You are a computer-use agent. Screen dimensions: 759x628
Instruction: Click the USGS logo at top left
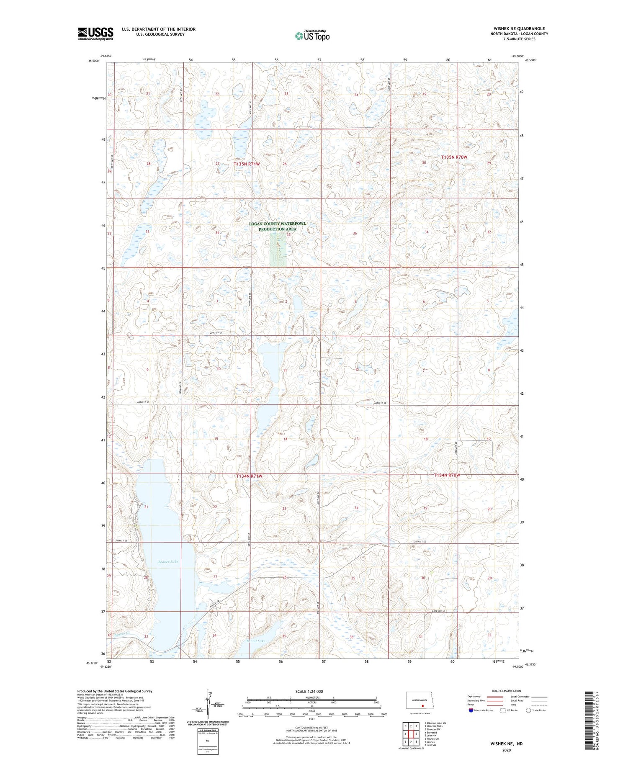95,33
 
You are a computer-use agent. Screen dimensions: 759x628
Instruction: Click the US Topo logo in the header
312,36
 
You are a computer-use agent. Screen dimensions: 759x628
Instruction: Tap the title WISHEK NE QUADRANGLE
519,29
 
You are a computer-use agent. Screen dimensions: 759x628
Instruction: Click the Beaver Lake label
168,561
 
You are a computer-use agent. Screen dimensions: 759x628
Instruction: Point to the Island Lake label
256,641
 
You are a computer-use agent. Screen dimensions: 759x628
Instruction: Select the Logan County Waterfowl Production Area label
277,226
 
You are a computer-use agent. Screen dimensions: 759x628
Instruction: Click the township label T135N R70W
454,157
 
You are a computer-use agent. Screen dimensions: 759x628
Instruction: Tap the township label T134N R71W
249,476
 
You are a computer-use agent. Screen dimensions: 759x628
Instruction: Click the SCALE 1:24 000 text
309,691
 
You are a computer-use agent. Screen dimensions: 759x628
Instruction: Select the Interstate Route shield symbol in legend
471,710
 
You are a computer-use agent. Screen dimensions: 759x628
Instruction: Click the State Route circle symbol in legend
528,710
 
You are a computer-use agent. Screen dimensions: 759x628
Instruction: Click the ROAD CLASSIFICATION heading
507,691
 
